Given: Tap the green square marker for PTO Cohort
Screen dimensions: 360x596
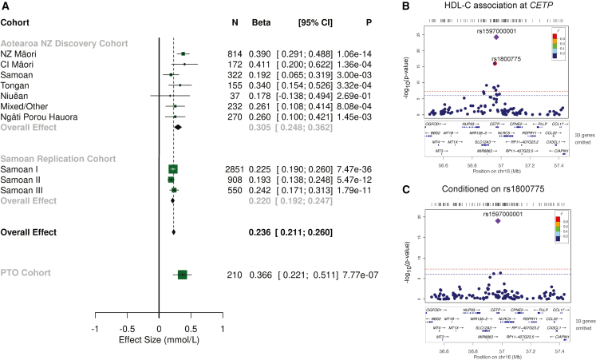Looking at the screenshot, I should tap(182, 275).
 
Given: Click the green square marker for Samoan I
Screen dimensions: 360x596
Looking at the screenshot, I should tap(173, 169).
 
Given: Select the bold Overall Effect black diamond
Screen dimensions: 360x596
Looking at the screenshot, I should tap(174, 233).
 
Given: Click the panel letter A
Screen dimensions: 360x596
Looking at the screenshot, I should tap(6, 6).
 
